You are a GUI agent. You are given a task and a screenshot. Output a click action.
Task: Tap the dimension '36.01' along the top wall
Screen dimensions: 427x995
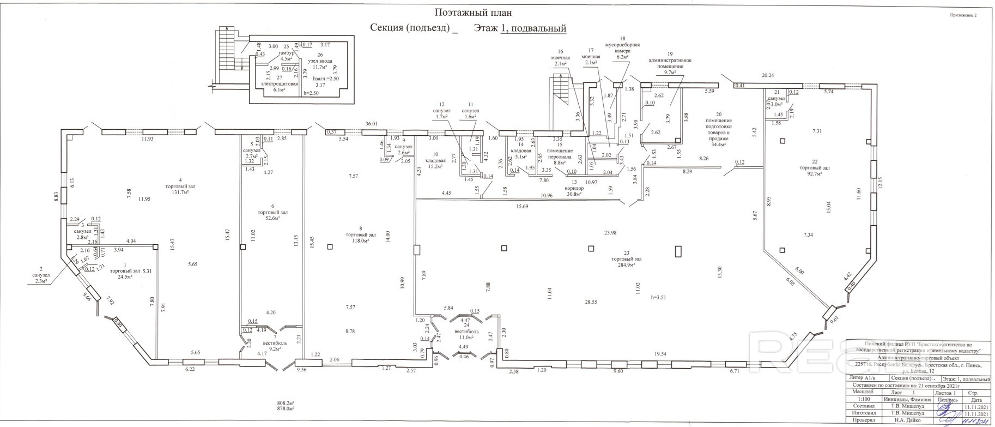(x=371, y=124)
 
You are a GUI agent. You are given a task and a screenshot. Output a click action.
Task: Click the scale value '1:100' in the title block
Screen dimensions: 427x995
(x=860, y=414)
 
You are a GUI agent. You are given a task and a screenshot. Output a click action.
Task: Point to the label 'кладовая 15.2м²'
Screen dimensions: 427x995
(x=435, y=164)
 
